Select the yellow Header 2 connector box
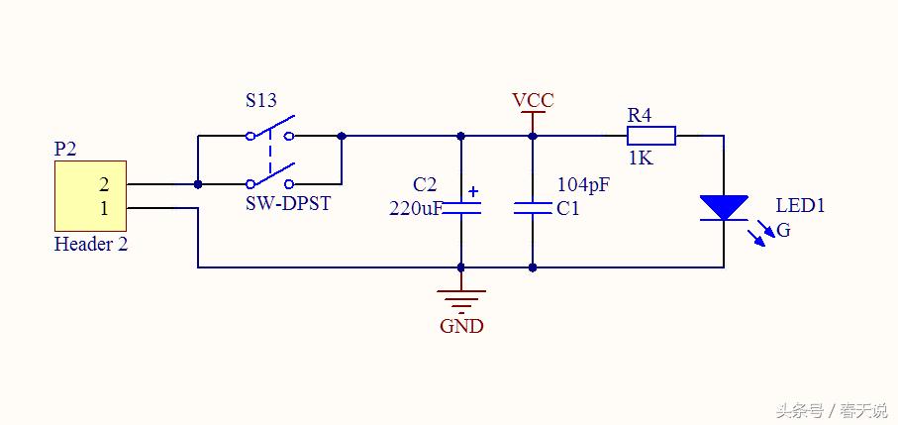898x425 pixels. tap(90, 195)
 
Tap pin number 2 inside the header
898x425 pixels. tap(104, 184)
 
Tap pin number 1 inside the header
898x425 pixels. tap(104, 208)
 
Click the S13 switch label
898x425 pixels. tap(260, 101)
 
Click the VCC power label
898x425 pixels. tap(533, 101)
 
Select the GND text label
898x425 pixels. tap(461, 326)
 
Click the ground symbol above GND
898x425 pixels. tap(461, 298)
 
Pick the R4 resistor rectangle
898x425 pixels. tap(651, 136)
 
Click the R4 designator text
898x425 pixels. tap(640, 115)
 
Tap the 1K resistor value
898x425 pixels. tap(640, 158)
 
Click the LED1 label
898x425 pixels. tap(800, 206)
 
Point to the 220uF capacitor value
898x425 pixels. tap(415, 208)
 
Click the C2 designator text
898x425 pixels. tap(424, 185)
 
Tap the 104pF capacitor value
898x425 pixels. tap(582, 184)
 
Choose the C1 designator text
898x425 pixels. tap(567, 209)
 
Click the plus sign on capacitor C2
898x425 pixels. tap(473, 191)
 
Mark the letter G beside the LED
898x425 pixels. tap(783, 231)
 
